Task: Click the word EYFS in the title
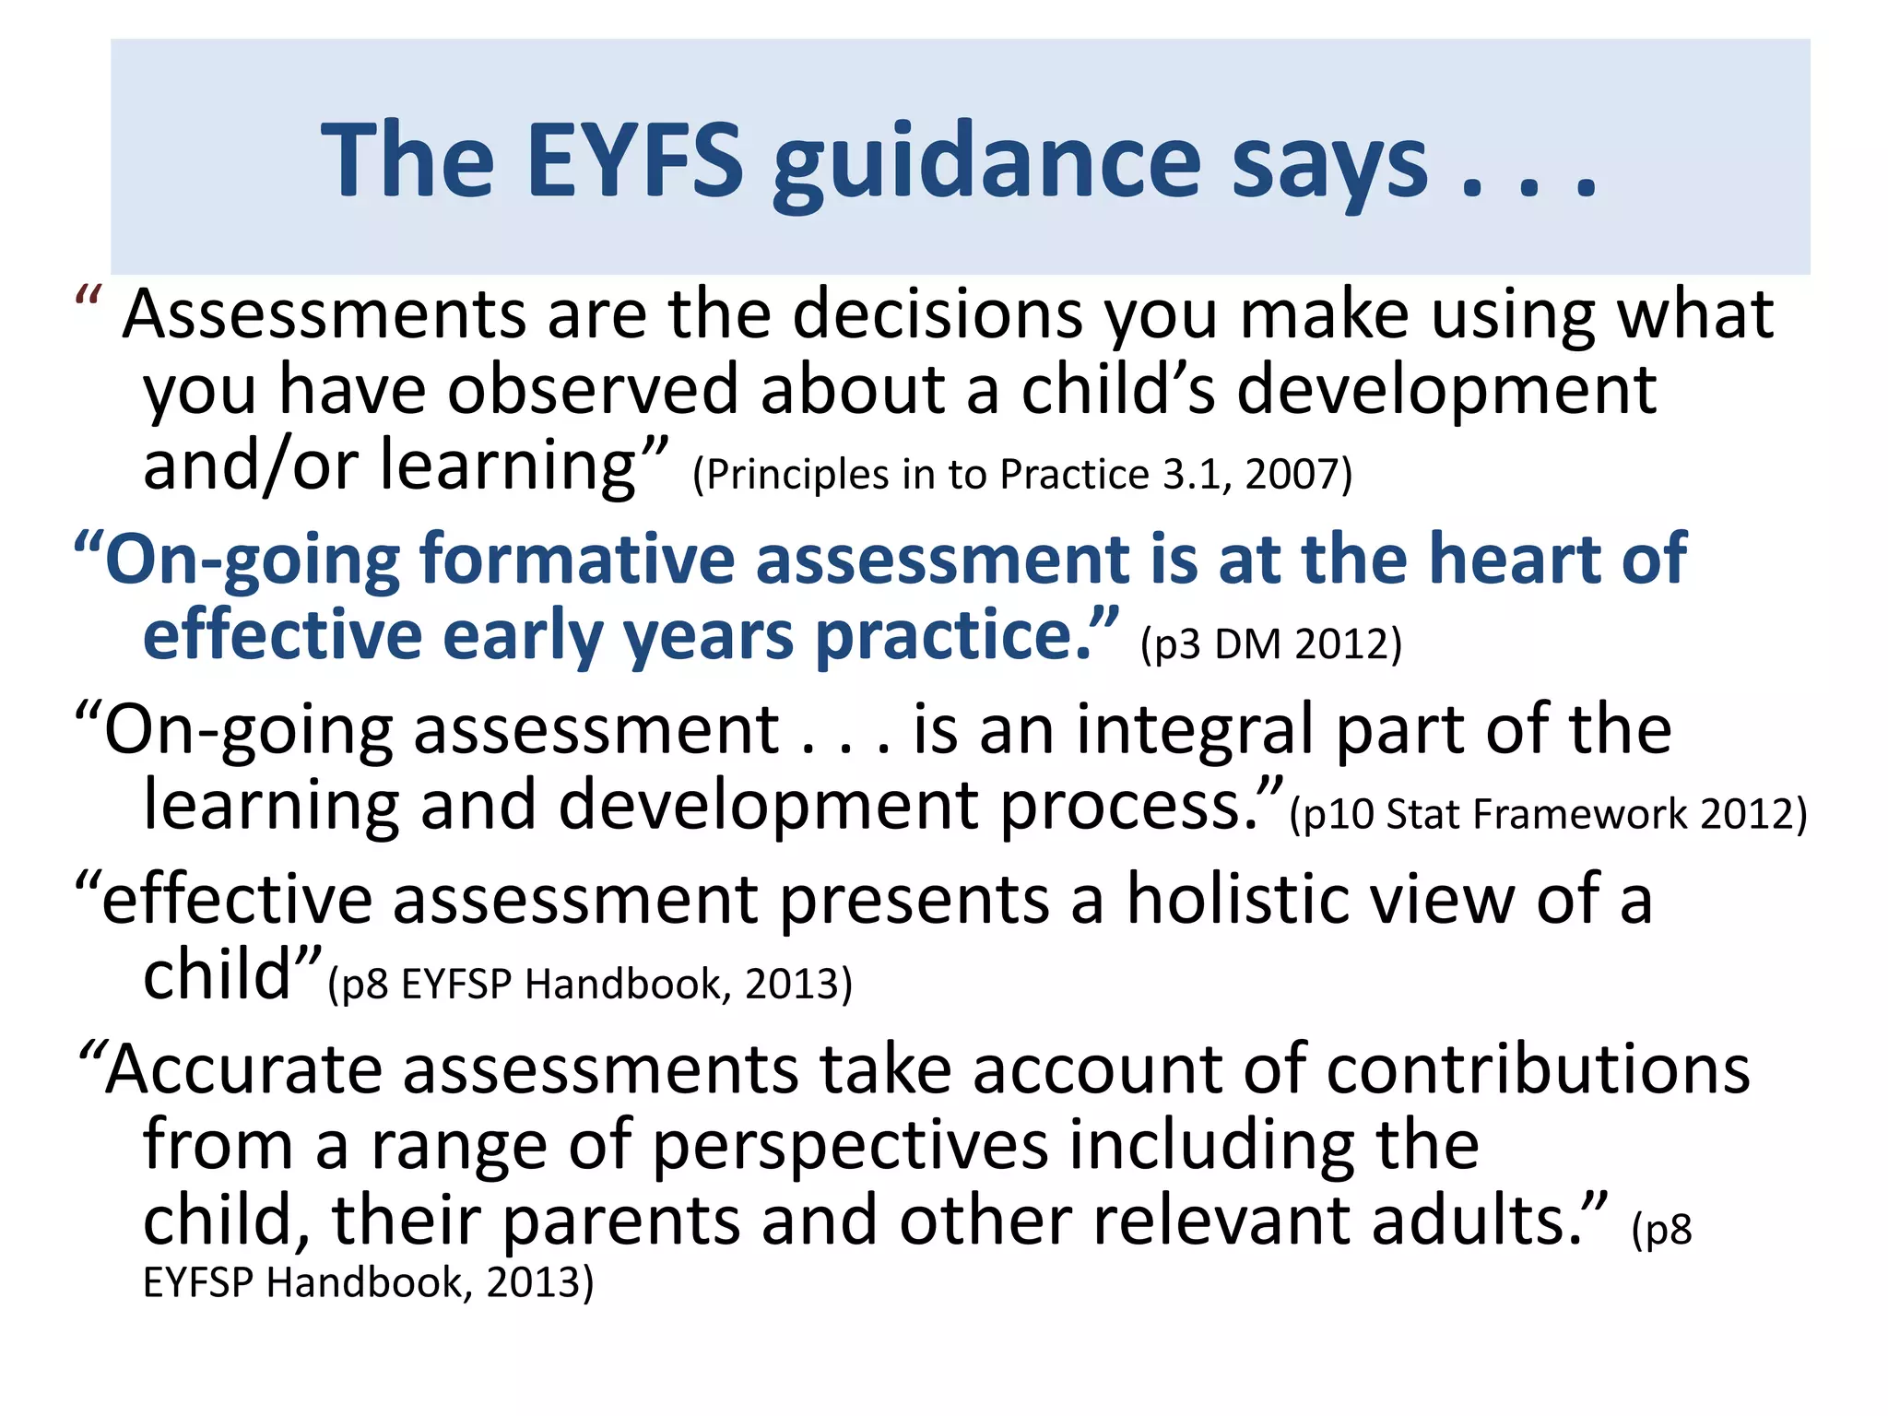pos(635,161)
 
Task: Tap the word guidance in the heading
pos(986,166)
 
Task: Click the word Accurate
pos(243,1070)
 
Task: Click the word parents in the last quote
pos(621,1221)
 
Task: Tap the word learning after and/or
pos(508,466)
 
